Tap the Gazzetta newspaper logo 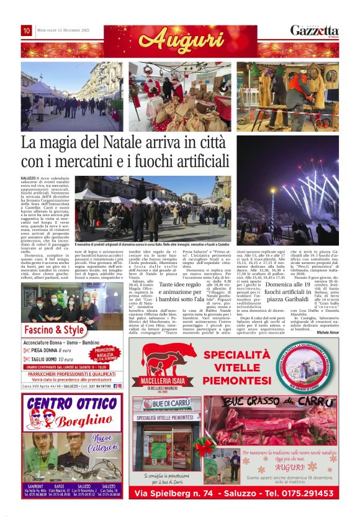pyautogui.click(x=315, y=30)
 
